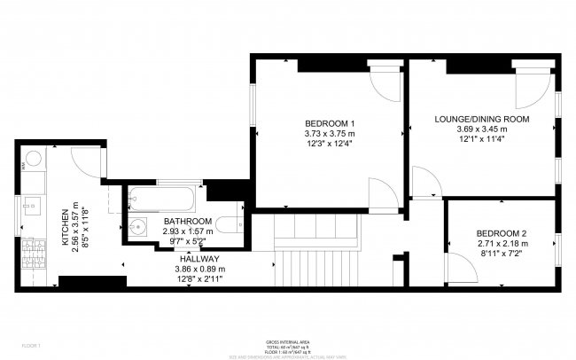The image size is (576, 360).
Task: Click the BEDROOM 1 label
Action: tap(330, 122)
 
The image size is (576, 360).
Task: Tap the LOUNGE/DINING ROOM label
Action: tap(481, 118)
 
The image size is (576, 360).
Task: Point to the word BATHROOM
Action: tap(187, 221)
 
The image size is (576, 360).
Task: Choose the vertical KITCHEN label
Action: tap(65, 228)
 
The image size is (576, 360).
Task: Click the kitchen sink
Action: tap(28, 207)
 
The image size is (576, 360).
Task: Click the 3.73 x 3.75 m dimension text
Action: tap(330, 134)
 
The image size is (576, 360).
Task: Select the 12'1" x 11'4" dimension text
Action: tap(481, 139)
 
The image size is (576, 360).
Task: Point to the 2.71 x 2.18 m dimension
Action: tap(502, 243)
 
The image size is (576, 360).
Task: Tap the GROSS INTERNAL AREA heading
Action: tap(287, 341)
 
